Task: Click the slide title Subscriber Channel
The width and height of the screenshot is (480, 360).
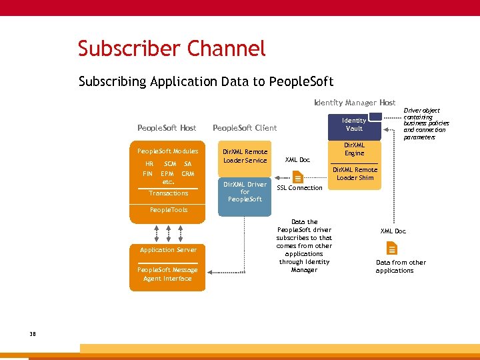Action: [x=171, y=49]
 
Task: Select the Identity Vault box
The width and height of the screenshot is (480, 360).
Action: [x=354, y=125]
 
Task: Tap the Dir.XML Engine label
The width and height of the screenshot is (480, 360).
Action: [x=354, y=149]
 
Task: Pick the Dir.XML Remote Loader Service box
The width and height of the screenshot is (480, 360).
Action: [x=245, y=156]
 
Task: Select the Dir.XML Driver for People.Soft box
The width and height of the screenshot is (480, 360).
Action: [x=245, y=192]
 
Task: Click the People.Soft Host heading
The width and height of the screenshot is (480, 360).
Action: [x=167, y=128]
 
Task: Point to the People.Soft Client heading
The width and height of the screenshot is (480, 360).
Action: [x=244, y=128]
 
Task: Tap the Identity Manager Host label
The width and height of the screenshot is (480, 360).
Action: [x=355, y=103]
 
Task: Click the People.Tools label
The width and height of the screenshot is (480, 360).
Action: [x=169, y=210]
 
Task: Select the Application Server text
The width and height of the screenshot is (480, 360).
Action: [x=168, y=250]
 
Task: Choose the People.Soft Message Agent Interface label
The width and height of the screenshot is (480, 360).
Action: [x=168, y=274]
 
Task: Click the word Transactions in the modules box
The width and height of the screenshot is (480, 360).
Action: [x=168, y=193]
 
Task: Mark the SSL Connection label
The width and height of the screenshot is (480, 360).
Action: [x=299, y=188]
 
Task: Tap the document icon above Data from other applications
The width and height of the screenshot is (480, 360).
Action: [x=392, y=249]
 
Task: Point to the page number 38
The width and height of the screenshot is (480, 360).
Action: [x=33, y=334]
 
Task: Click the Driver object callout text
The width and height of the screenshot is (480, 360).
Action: [x=426, y=124]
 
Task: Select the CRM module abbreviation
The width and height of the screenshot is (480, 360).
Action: [x=188, y=173]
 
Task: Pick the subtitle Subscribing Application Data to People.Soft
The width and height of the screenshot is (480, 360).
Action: [x=206, y=82]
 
